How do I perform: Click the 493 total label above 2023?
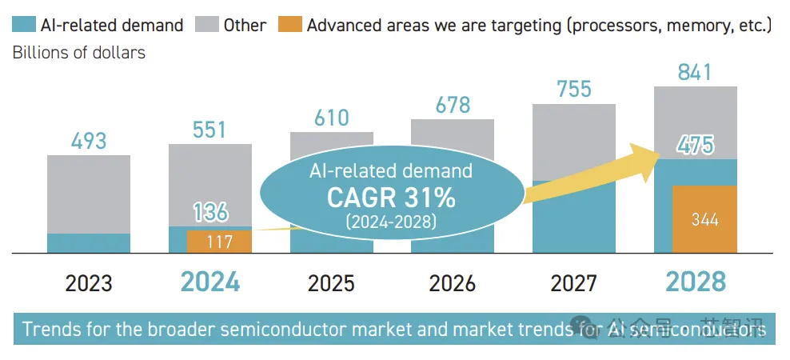pos(89,142)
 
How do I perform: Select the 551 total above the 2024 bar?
pos(210,130)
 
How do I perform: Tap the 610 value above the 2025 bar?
pos(332,118)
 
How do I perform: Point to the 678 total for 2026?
pos(453,105)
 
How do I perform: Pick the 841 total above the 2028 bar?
pos(695,73)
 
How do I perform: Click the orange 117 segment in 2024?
pos(218,242)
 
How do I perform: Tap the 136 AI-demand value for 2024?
pos(210,212)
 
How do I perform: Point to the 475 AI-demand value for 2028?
pos(695,145)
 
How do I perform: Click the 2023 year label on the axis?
pos(89,283)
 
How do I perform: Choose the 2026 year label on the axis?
pos(453,283)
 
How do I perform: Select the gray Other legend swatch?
pos(206,25)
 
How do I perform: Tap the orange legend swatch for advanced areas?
pos(289,25)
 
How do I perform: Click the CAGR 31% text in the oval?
pos(391,198)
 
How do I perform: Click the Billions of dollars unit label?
pos(79,54)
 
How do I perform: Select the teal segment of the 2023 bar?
pos(89,243)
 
